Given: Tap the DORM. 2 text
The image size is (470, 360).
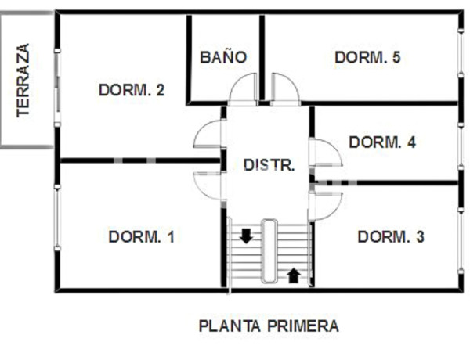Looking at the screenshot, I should pos(132,90).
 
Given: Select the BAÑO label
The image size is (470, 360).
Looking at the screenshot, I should pos(223,57).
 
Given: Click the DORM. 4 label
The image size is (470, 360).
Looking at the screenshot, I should pos(382,142).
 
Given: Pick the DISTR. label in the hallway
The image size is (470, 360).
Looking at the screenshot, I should pos(269,165).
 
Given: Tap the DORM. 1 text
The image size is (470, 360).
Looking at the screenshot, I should pos(142,236).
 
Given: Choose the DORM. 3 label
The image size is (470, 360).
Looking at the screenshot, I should pos(391,236).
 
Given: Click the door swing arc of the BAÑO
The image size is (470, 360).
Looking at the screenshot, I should pos(243,88).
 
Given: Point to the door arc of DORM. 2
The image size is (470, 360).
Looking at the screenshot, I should pos(208,136).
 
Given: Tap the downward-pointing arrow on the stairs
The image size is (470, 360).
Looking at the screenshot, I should pos(246,236).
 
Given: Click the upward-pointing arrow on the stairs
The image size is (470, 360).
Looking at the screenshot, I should pos(294,275).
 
